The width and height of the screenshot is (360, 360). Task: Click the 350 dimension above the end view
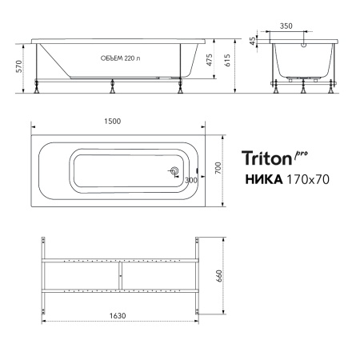(x=286, y=26)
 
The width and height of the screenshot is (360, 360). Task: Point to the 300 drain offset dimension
(x=190, y=180)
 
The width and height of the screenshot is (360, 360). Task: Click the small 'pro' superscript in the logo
(x=301, y=152)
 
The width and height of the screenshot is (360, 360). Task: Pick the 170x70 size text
(x=304, y=180)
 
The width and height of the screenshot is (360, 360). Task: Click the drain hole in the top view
(x=174, y=171)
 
